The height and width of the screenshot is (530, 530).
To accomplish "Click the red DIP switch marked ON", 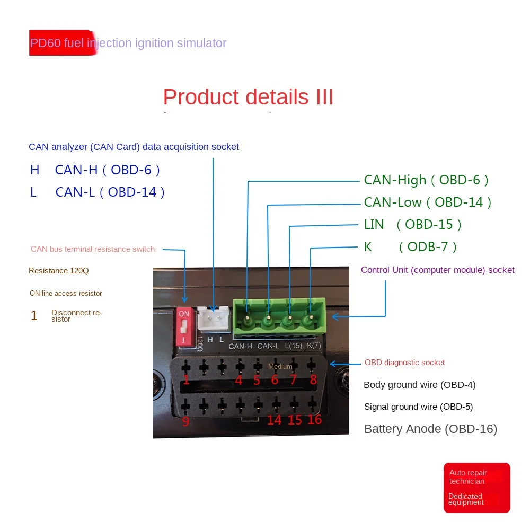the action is point(184,326).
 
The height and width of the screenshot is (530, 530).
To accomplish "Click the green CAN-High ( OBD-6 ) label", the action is point(426,180).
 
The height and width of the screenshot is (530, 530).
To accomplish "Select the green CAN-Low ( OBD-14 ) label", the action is point(427,202).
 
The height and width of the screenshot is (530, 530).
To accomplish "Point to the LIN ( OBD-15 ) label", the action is point(413,225).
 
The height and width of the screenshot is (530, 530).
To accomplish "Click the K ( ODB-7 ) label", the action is point(410,247).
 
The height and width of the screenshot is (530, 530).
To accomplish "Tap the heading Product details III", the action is point(248,98).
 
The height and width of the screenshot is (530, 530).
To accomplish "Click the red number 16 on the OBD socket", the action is point(314,420).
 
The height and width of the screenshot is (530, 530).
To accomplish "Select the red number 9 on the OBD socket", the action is point(185,422).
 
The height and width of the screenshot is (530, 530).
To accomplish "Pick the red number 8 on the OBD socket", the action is point(313,380).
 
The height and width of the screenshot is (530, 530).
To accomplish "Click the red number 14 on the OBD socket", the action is point(274,420).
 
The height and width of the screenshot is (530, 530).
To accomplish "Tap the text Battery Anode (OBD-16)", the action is point(430,429).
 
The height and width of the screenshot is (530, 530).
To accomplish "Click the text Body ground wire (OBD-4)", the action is point(419,385).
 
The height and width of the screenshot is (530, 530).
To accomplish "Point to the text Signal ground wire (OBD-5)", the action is point(418,407).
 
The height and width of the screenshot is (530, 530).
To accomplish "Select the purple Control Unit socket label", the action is point(437,270).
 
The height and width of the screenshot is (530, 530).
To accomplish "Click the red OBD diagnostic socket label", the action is point(404,363).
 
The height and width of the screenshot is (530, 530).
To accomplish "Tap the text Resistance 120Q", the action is point(59,271).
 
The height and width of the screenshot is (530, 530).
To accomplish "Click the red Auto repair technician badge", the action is point(476,488).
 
